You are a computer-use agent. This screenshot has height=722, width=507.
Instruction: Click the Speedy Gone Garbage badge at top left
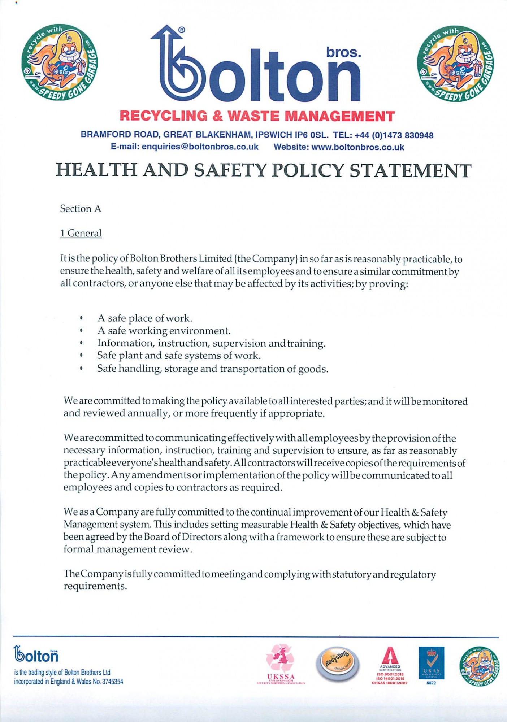pos(60,62)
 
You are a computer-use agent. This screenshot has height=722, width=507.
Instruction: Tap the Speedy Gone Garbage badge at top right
pos(455,64)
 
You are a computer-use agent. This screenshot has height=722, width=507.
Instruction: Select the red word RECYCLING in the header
pos(163,116)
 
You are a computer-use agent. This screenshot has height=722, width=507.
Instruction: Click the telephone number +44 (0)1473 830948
pos(394,135)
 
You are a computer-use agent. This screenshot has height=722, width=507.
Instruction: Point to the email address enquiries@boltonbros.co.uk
pos(200,147)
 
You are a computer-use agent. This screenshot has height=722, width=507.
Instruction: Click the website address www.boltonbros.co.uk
pos(357,147)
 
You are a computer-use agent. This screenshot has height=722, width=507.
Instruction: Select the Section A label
pos(81,209)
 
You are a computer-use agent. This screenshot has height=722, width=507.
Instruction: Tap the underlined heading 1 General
pos(81,233)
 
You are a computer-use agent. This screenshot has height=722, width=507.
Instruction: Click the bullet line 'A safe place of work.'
pos(144,318)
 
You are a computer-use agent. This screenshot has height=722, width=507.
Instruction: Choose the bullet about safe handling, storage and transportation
pos(212,369)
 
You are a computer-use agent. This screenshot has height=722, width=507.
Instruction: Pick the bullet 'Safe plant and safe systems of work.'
pos(179,356)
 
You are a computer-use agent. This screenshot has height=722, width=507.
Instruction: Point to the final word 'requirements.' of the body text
pos(95,586)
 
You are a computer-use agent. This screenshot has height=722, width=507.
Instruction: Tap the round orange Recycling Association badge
pos(337,663)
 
